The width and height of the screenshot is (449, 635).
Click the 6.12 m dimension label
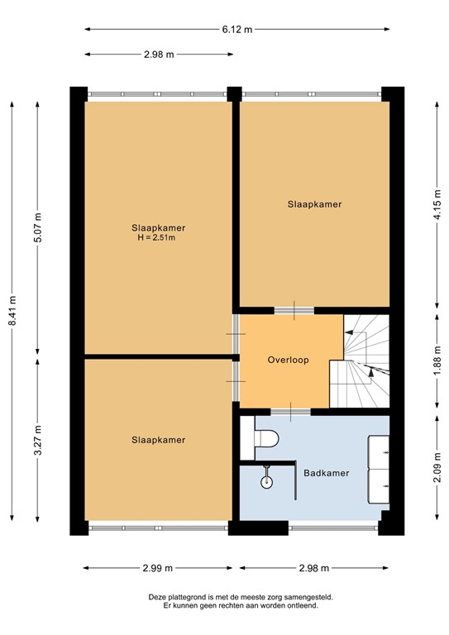[236, 29]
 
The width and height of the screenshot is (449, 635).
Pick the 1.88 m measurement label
[436, 360]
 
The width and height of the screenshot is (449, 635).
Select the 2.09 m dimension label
[436, 468]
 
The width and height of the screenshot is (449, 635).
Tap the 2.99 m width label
[157, 568]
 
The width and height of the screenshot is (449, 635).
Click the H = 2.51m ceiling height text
[157, 238]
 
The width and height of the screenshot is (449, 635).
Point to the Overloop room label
[288, 360]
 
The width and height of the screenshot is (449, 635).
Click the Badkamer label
[325, 473]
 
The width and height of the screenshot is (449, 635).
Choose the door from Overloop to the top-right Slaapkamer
[294, 310]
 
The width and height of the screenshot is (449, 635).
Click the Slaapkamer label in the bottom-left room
[157, 440]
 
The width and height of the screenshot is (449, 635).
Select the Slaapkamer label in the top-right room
[314, 203]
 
